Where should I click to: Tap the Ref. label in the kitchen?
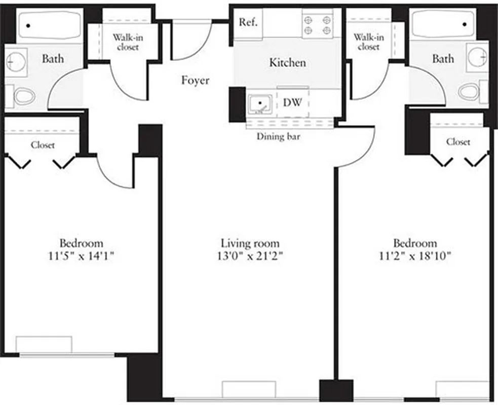(x=248, y=23)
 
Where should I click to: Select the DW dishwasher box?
(x=292, y=103)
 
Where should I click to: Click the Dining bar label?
(x=279, y=136)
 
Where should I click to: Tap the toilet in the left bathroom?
(x=23, y=96)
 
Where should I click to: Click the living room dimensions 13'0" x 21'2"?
(x=250, y=256)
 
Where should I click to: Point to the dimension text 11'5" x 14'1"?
(x=81, y=256)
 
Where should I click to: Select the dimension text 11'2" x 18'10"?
(x=415, y=256)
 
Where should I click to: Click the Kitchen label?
(x=287, y=63)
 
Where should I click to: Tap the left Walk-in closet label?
(x=126, y=42)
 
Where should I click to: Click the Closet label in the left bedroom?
(x=43, y=145)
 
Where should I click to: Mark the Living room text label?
(x=250, y=244)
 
